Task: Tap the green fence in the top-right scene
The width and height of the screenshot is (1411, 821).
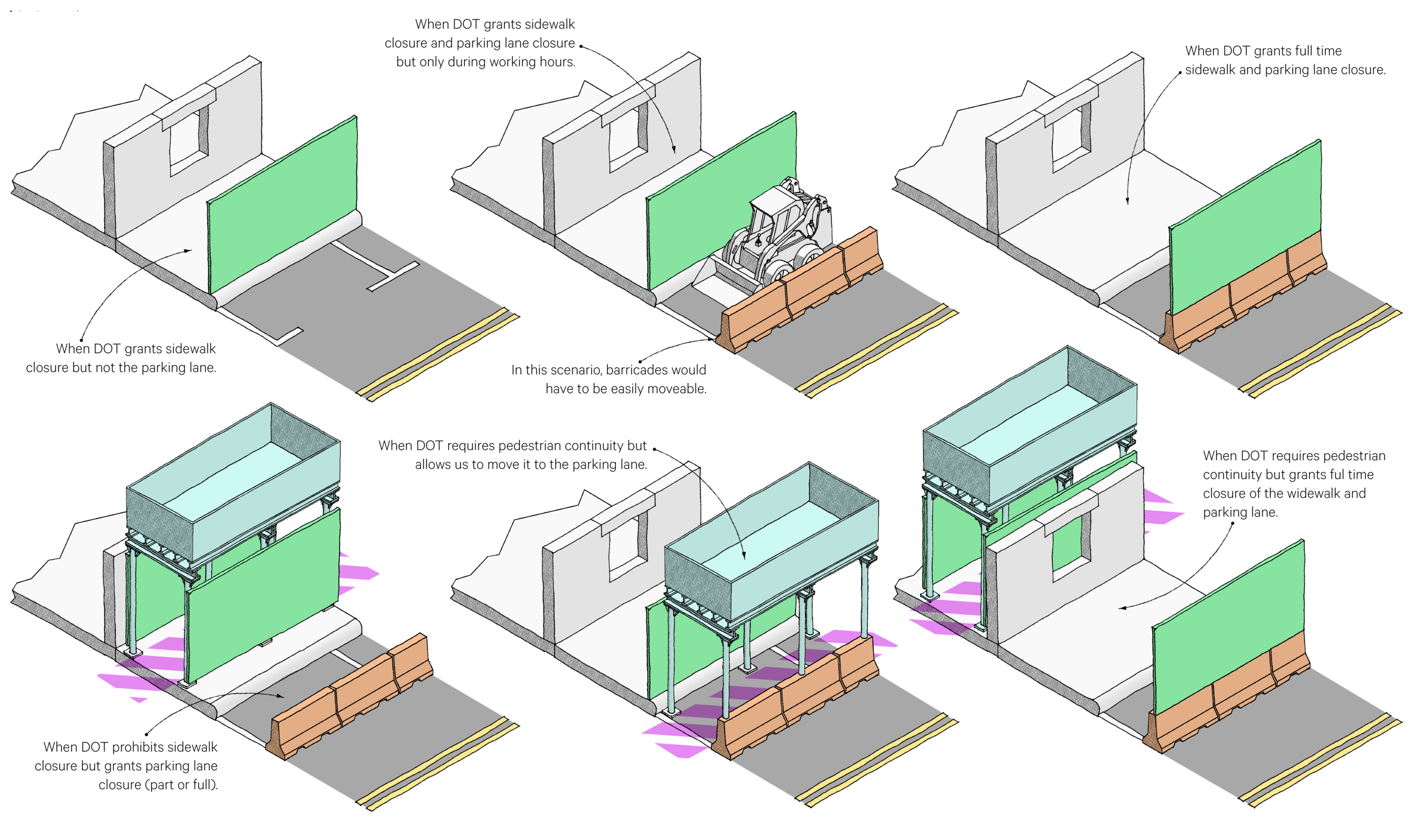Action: pos(1245,226)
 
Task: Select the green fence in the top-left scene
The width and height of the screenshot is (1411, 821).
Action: pos(282,203)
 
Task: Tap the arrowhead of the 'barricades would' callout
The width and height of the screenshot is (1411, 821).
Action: pos(712,340)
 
